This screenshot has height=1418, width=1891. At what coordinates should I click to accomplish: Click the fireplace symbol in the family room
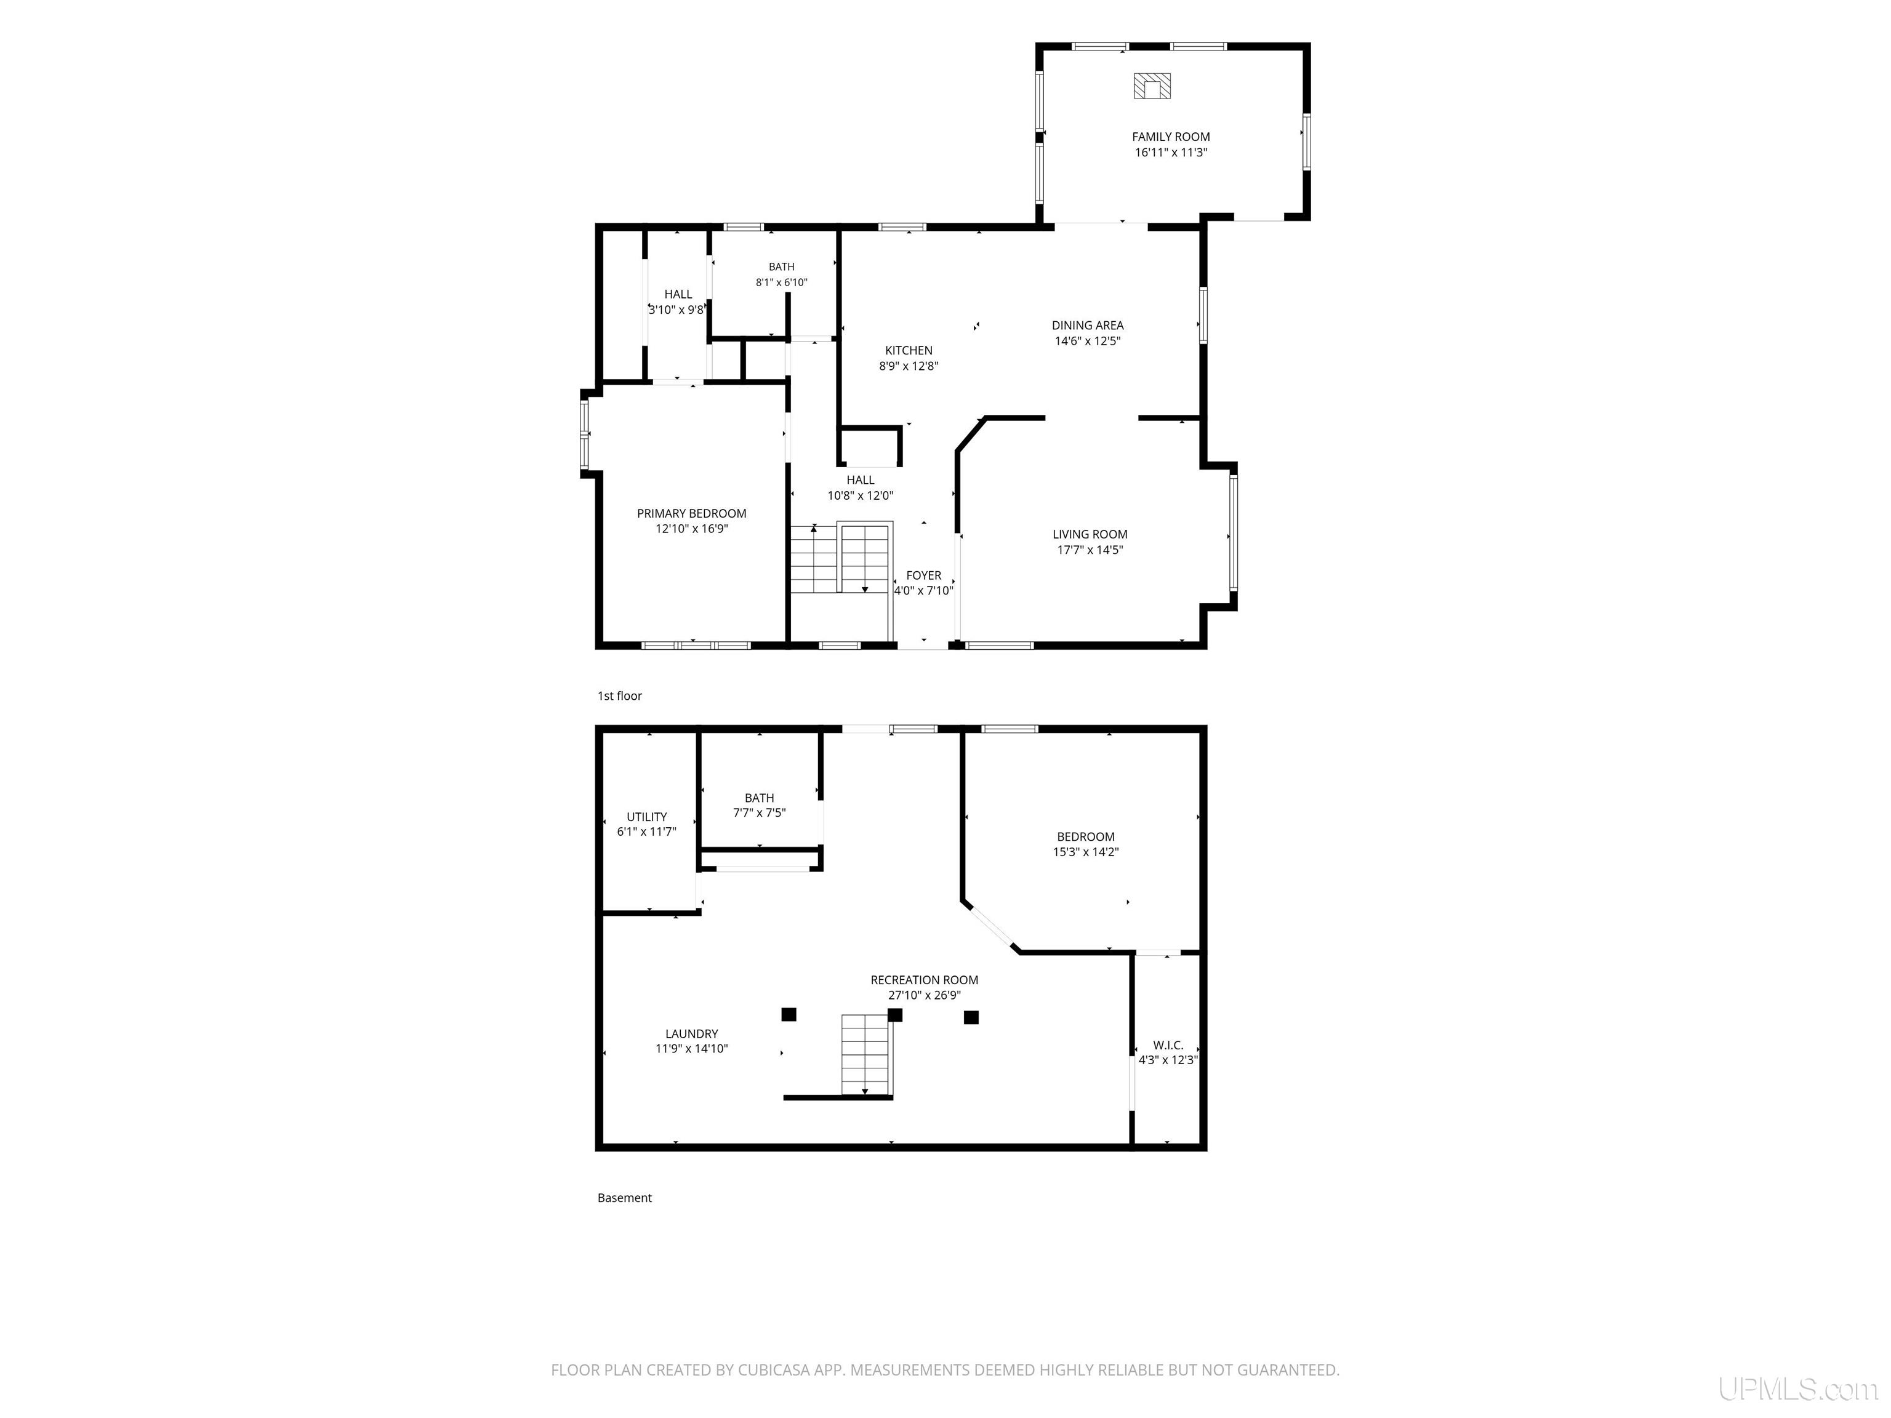1152,86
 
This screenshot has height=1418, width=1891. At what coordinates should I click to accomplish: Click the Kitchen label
909,350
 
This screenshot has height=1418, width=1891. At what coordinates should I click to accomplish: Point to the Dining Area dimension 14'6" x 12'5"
1088,341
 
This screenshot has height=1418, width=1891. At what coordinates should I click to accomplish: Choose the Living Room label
1090,534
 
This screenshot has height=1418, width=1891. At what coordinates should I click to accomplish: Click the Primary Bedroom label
692,514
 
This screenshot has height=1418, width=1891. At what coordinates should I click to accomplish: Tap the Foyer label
923,576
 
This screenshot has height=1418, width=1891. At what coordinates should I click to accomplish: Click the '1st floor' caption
620,695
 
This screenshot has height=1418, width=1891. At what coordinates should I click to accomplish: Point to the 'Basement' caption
624,1198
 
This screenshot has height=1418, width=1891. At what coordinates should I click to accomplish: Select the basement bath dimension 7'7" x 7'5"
759,813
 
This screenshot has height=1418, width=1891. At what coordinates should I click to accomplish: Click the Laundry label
692,1034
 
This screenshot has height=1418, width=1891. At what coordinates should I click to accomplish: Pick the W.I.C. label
1168,1045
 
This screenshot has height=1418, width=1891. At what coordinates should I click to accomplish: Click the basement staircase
866,1055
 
